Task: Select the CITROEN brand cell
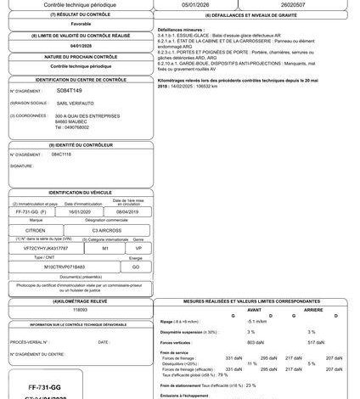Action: click(45, 230)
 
